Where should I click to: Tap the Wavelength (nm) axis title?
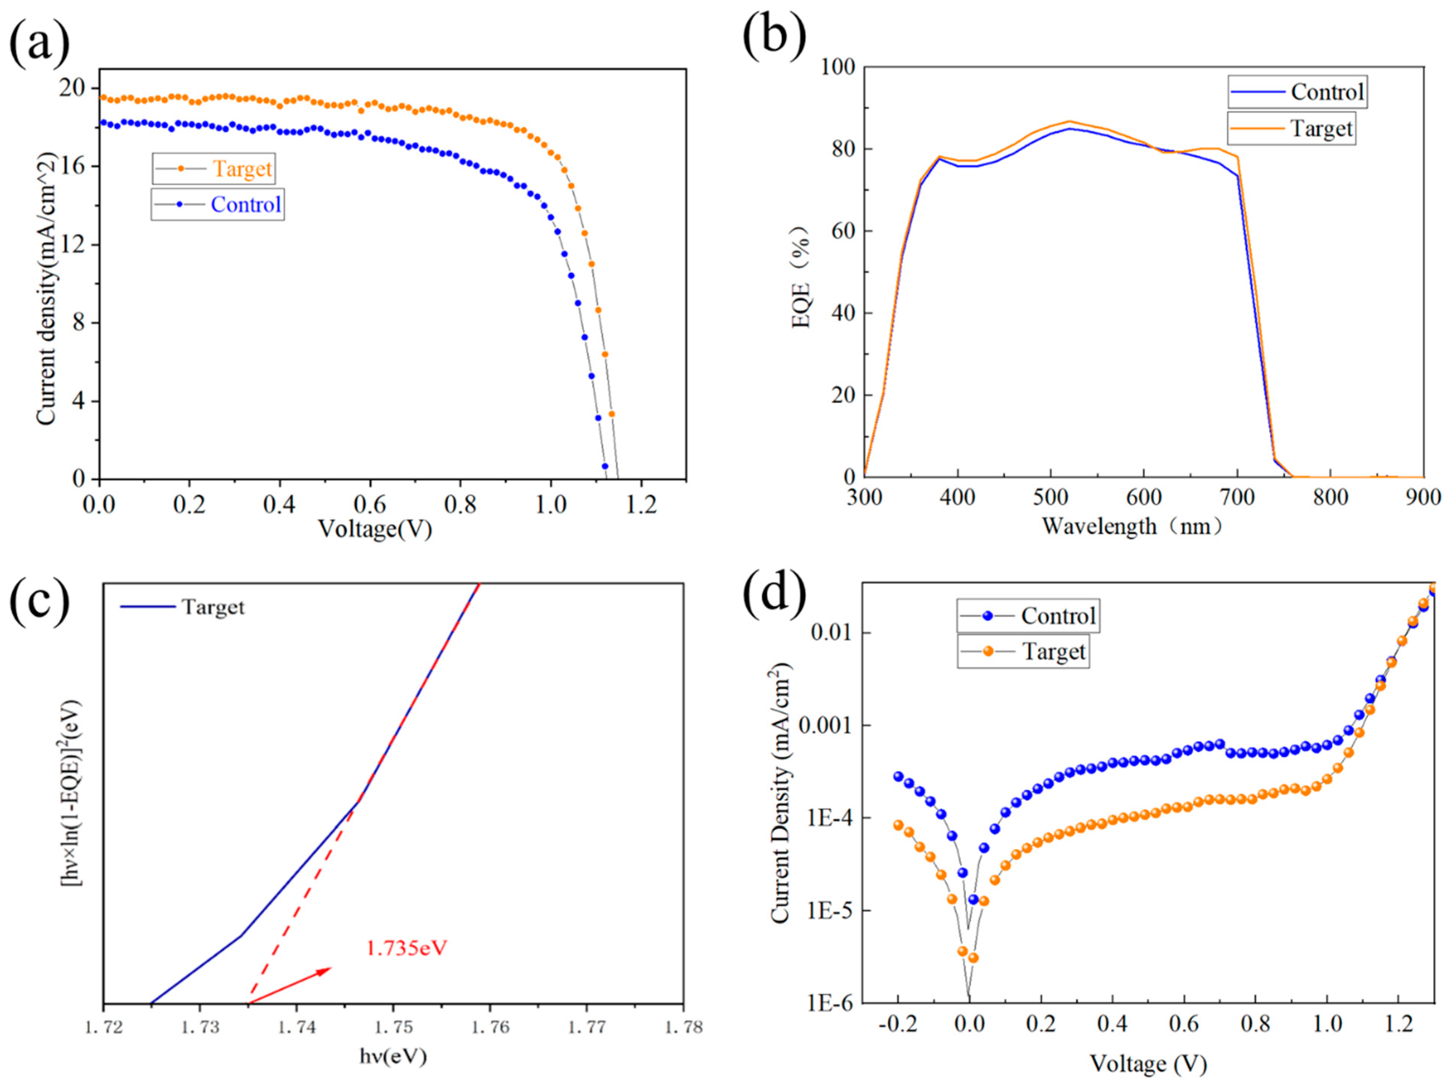(1132, 526)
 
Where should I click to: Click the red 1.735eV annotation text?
(407, 948)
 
